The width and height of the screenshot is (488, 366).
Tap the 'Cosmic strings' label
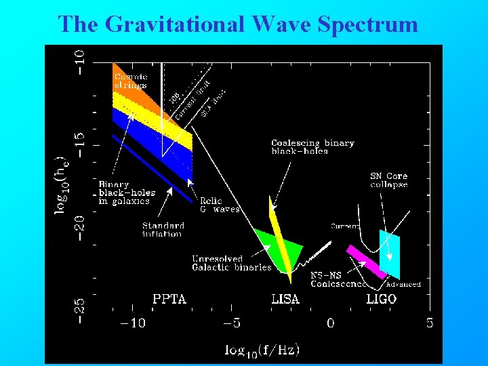(x=130, y=81)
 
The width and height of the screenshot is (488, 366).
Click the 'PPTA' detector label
(x=169, y=298)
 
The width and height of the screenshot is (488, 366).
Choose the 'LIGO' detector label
(x=382, y=298)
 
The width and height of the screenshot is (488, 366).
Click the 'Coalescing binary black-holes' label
(x=312, y=147)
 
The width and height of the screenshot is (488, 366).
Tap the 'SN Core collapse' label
(x=388, y=180)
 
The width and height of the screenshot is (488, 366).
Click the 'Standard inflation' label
(x=163, y=230)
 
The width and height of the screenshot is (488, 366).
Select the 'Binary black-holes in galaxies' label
(x=127, y=192)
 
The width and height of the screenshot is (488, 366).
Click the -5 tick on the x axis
(x=232, y=323)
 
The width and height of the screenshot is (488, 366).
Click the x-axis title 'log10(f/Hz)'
(x=262, y=350)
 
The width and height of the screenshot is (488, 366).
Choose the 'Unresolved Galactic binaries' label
(x=230, y=263)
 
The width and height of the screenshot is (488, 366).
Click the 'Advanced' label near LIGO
(x=403, y=284)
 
